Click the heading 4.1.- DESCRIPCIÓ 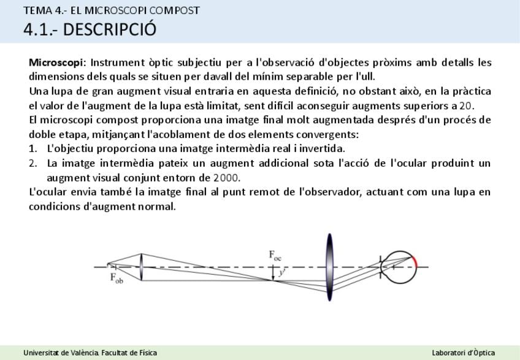point(90,29)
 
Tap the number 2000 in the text point(226,178)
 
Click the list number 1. point(32,148)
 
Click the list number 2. point(33,163)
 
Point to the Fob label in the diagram point(117,278)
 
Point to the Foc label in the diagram point(275,256)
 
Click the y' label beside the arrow point(282,273)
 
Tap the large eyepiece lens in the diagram point(329,267)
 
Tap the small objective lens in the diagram point(141,267)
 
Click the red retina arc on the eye point(415,261)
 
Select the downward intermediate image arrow point(273,274)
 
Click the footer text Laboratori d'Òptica point(464,353)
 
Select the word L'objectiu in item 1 point(70,148)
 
